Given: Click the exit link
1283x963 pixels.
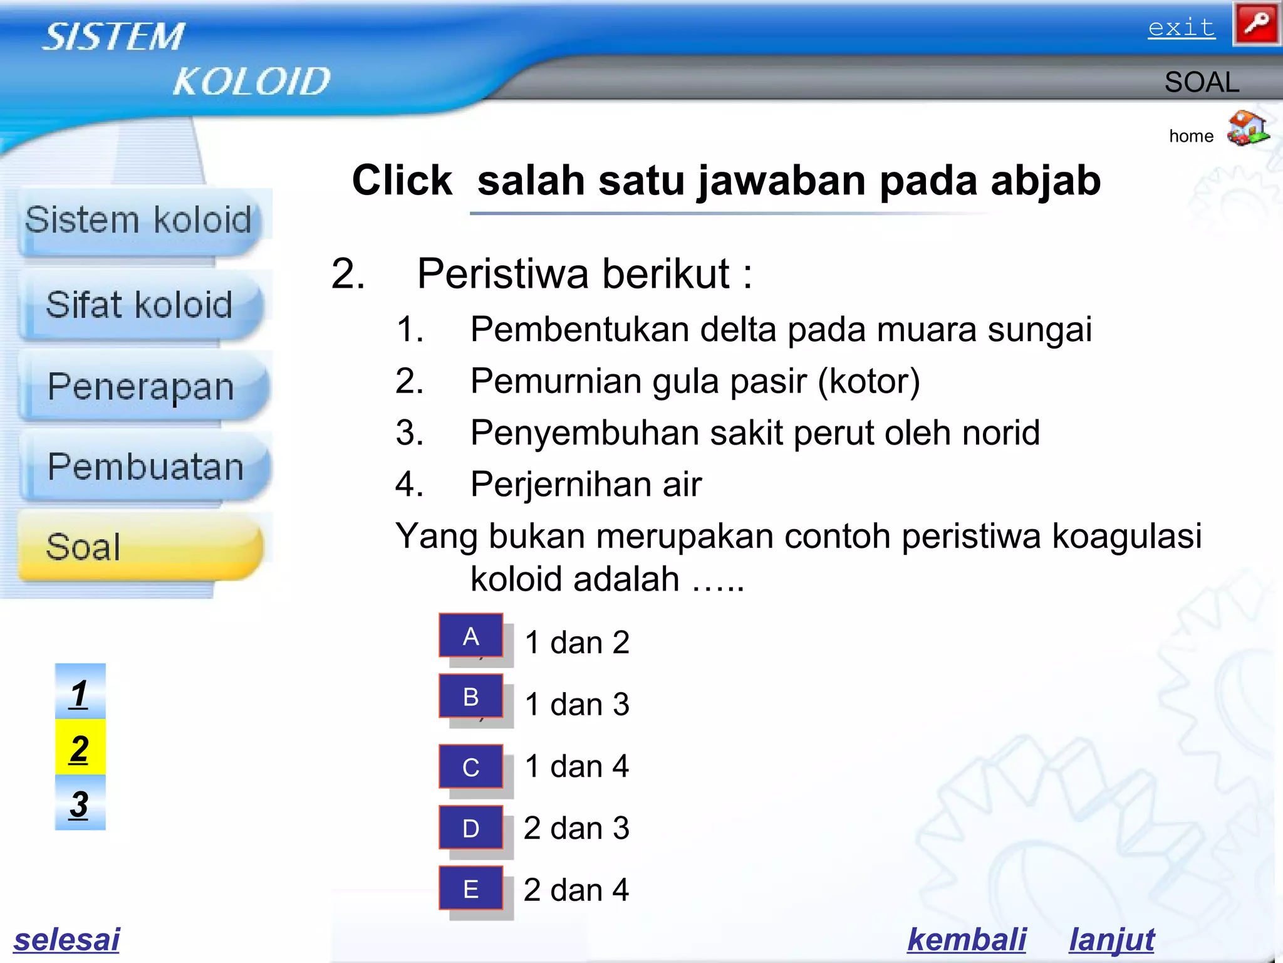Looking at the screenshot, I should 1181,28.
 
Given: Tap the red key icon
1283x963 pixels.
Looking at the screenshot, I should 1256,24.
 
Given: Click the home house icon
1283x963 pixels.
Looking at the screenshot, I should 1247,129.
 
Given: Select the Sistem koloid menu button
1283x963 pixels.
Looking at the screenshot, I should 138,221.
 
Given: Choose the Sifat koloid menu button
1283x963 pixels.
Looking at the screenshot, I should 140,305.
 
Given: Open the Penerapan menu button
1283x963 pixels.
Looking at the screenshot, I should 142,386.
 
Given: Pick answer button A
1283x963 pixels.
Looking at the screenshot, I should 471,636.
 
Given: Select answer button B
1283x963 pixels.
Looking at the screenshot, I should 471,697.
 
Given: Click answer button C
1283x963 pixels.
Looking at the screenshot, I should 471,767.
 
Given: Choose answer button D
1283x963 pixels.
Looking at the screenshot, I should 471,828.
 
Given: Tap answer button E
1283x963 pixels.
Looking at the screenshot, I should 471,888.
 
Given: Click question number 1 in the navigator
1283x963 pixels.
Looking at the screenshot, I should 80,693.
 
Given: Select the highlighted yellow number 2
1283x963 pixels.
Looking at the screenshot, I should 80,748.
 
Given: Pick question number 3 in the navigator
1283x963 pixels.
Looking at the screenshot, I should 80,803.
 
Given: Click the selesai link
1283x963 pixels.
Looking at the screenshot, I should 66,939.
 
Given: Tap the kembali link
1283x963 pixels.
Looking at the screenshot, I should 966,939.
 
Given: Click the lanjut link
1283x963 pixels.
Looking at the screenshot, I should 1111,939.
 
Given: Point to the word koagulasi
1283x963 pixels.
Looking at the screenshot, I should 1126,537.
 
